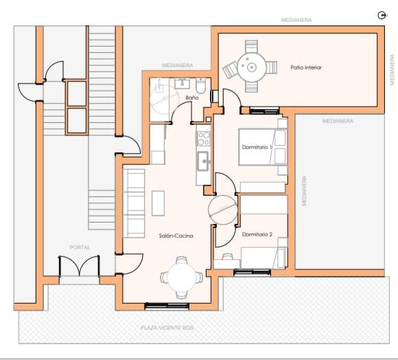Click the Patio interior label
(x=306, y=67)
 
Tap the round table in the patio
(x=252, y=67)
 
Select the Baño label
(x=192, y=98)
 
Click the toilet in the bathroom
(x=202, y=86)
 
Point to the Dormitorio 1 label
(x=257, y=147)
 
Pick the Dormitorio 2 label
(x=257, y=234)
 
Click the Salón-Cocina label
(x=176, y=236)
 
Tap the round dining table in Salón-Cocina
(x=182, y=278)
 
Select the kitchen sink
(x=203, y=161)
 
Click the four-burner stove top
(x=204, y=139)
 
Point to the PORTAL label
(x=80, y=247)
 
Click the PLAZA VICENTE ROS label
(x=167, y=328)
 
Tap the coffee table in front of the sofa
(x=158, y=203)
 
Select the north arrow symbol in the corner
(x=382, y=16)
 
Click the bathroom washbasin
(x=182, y=83)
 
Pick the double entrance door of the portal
(x=79, y=266)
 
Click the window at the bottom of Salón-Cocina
(x=167, y=306)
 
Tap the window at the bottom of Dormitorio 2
(x=252, y=273)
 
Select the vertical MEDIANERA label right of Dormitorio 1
(x=305, y=191)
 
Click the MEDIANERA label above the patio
(x=296, y=20)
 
